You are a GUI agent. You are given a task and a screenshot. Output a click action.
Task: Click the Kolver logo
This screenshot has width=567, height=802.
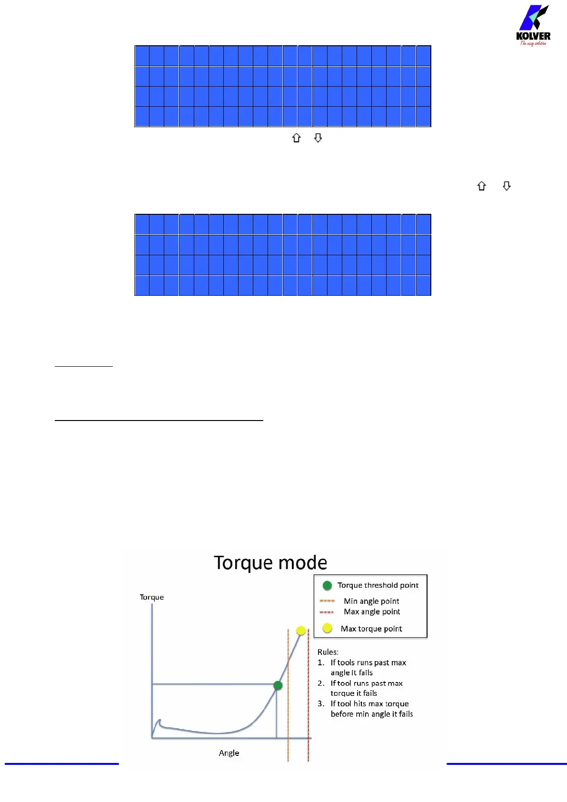[533, 26]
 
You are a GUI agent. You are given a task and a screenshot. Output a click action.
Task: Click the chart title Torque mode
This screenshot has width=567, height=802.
[270, 563]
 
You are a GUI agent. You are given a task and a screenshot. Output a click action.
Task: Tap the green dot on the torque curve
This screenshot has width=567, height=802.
[278, 685]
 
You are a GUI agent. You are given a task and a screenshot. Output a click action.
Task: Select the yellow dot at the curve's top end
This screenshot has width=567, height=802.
[301, 631]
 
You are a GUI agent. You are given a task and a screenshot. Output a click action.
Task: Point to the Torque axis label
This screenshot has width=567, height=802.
[151, 597]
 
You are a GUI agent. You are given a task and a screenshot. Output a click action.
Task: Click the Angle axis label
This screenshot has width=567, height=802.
[229, 753]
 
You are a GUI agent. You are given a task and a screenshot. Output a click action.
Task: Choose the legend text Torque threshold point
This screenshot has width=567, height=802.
[378, 585]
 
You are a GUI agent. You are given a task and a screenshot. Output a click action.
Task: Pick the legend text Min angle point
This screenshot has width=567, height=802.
[371, 601]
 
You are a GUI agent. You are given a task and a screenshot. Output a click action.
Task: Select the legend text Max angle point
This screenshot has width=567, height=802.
[372, 612]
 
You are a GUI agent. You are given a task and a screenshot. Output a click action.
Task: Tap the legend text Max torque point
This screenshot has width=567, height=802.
[371, 629]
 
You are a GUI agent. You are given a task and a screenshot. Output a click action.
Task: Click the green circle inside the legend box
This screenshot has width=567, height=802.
[327, 585]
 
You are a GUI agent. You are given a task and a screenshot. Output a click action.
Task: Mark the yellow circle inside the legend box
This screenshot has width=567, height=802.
[327, 628]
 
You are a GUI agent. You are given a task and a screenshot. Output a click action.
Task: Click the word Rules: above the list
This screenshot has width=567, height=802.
[328, 652]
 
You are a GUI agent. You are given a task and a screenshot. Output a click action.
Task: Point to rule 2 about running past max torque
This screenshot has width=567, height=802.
[366, 688]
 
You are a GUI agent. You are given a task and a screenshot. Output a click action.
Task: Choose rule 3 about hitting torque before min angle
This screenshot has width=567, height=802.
[371, 709]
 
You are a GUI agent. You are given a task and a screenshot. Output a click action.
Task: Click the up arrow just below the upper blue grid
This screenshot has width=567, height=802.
[297, 138]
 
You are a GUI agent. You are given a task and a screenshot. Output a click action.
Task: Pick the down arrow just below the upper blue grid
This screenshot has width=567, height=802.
[318, 138]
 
